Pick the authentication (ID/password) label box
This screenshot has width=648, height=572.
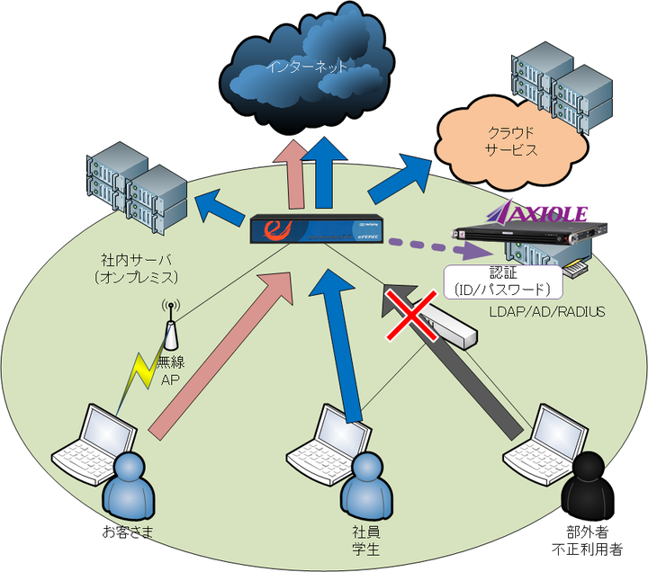[x=504, y=282]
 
